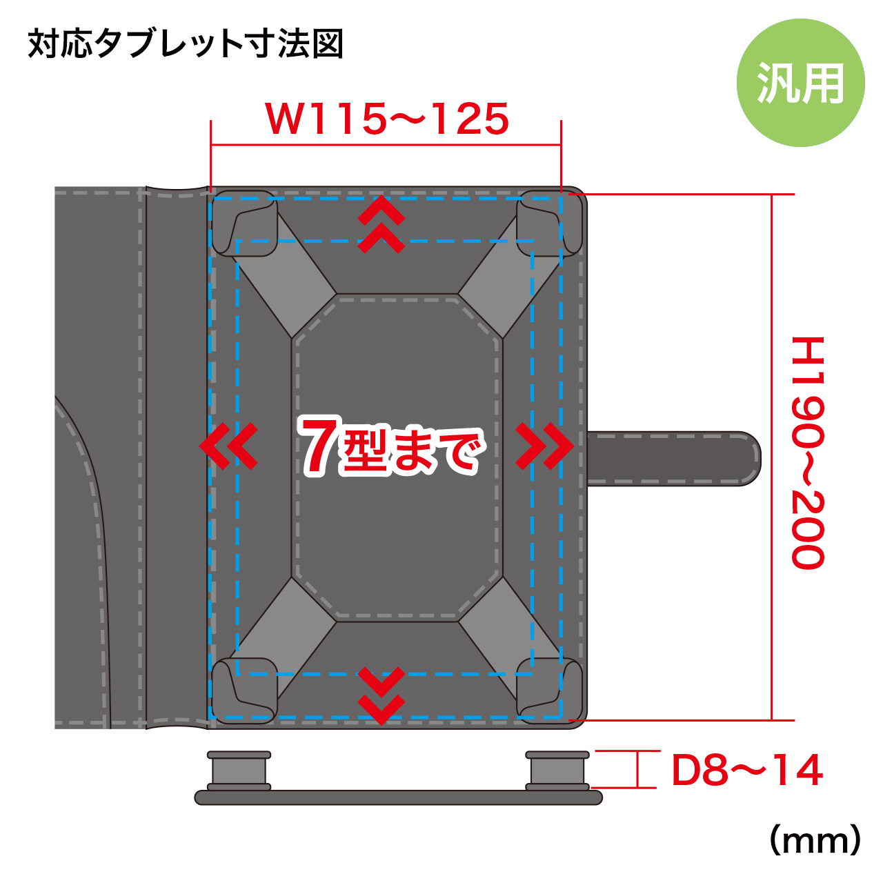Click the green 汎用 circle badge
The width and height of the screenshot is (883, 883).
point(800,83)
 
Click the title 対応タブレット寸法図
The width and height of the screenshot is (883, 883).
point(186,44)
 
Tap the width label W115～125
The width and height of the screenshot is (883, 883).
point(387,119)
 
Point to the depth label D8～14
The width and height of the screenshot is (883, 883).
point(747,771)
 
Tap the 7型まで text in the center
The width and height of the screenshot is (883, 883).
point(393,446)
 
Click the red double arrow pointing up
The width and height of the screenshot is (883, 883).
point(381,224)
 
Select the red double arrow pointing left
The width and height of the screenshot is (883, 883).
point(228,446)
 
